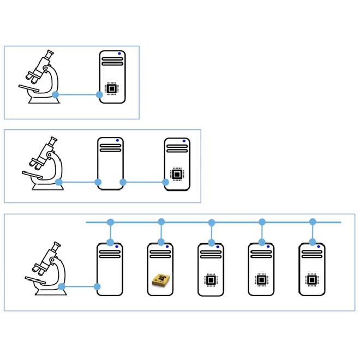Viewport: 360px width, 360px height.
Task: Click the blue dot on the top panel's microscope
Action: (56, 94)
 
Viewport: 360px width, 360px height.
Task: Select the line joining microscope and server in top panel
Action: (77, 94)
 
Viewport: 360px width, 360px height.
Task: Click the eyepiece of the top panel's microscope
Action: (50, 54)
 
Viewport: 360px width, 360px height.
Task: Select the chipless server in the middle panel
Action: (110, 163)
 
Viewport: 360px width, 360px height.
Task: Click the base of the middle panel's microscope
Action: (47, 187)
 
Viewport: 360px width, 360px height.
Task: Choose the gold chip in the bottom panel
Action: (160, 280)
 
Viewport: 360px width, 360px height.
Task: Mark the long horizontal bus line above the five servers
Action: (235, 222)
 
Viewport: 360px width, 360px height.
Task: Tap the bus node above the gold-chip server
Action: (161, 222)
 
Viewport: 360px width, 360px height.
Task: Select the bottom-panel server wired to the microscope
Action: (110, 269)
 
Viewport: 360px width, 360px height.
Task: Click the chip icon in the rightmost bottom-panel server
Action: (312, 280)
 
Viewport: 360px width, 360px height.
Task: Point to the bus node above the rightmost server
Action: (313, 222)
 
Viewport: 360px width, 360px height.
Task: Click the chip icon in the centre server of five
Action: (211, 280)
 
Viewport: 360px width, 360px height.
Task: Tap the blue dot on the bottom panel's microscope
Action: (62, 286)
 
